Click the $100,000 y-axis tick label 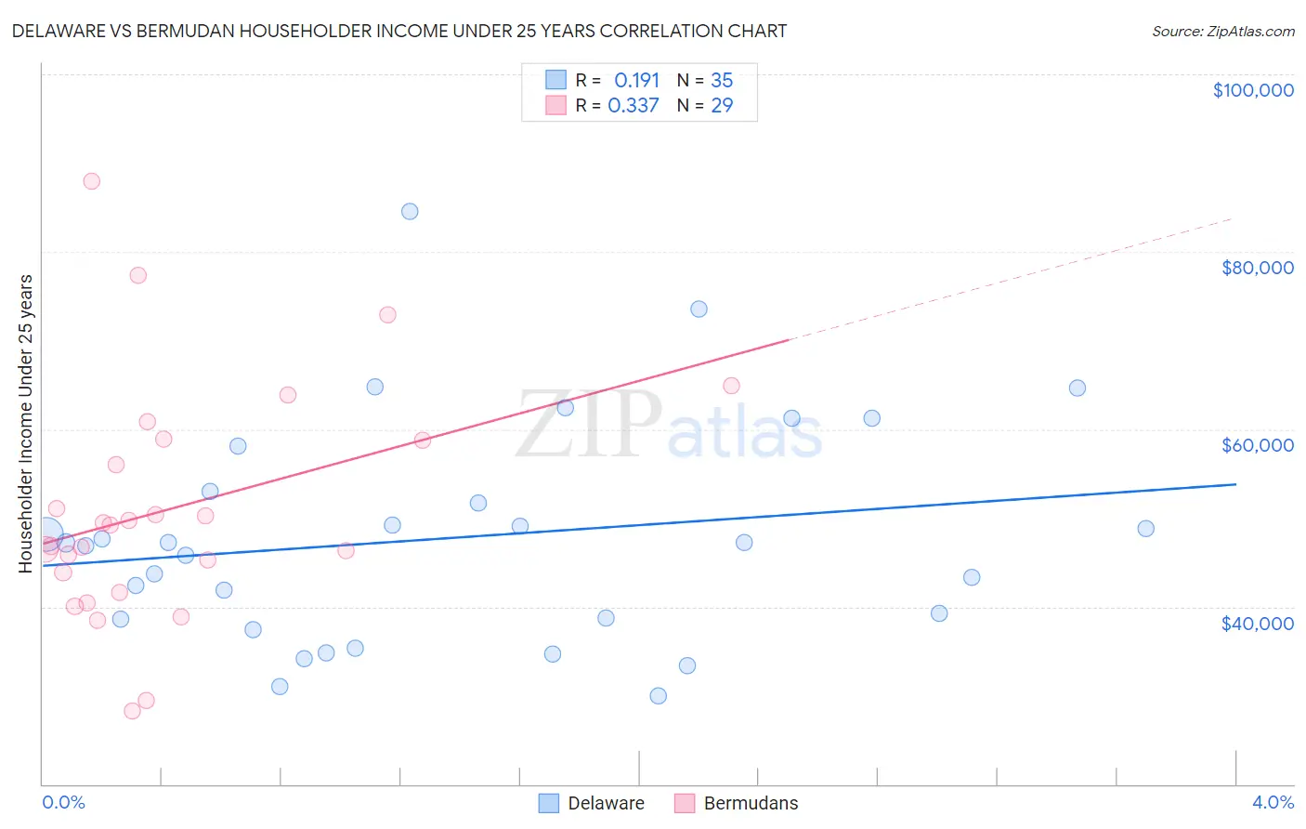[1253, 90]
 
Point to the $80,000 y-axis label [1257, 268]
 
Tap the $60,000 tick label [1257, 445]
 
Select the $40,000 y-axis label [1257, 624]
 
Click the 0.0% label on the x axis [63, 802]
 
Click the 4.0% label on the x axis [1273, 802]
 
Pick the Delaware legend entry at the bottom [592, 803]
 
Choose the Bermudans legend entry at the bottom [736, 803]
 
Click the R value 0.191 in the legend [636, 80]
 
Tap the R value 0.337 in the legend [633, 106]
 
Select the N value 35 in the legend [722, 80]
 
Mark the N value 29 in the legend [722, 106]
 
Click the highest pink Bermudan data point [91, 181]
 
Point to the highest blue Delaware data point [410, 211]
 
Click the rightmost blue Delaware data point [1145, 529]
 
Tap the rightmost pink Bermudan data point [731, 386]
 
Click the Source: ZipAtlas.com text [1222, 32]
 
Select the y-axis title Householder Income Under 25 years [26, 423]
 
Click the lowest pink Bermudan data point [132, 711]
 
